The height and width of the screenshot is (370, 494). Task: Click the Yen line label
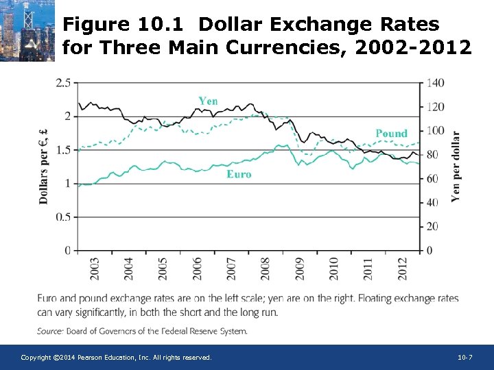208,101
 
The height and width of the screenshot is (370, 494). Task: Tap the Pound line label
391,133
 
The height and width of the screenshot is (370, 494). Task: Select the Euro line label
239,174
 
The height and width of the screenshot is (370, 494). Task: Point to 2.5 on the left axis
62,83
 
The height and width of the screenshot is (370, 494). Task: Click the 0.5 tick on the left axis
62,217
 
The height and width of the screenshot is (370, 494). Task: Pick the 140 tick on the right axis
435,83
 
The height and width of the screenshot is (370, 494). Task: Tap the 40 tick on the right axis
432,202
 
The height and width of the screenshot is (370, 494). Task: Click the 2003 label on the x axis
94,268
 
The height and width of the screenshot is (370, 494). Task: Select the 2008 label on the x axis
266,268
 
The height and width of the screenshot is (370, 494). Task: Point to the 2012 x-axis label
403,268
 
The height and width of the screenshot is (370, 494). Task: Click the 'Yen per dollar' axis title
456,166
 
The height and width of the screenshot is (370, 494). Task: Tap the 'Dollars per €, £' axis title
43,166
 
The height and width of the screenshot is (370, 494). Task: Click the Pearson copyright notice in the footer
116,358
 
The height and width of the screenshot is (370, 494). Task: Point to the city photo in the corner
27,31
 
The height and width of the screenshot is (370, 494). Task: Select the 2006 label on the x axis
197,268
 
